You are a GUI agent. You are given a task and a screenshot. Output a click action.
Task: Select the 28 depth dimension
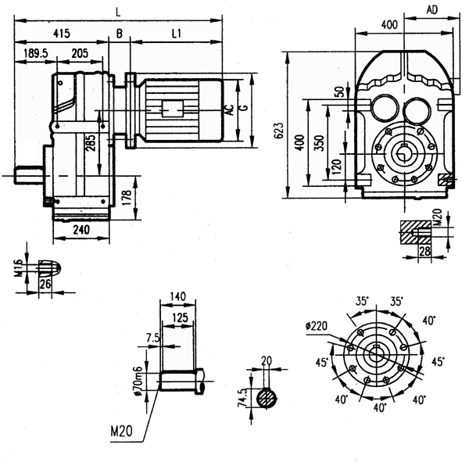(x=425, y=251)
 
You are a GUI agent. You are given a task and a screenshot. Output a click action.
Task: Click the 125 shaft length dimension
(x=181, y=318)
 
